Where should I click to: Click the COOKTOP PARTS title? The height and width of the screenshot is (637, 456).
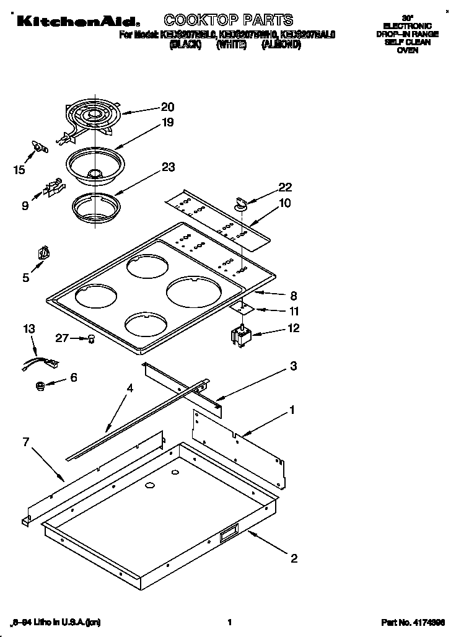[x=228, y=20]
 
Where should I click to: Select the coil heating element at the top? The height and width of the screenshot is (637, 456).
[x=90, y=118]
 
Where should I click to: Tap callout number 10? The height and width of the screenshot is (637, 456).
[x=284, y=203]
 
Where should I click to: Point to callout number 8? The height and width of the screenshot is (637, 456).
[x=294, y=296]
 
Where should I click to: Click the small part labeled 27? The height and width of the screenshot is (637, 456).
[x=92, y=338]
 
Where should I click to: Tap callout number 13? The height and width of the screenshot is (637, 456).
[x=29, y=328]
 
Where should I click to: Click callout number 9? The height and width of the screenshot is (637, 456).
[x=25, y=206]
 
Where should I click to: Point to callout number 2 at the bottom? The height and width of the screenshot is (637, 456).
[x=294, y=559]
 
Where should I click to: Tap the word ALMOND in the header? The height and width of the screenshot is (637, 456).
[x=281, y=45]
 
